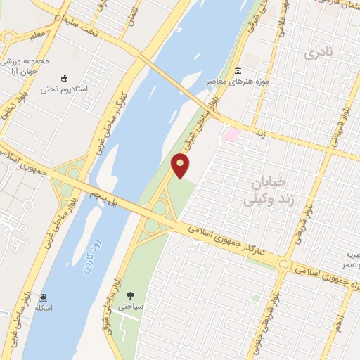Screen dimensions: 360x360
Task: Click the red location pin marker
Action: click(x=181, y=165)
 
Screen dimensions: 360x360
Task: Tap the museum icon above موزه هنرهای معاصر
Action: click(x=238, y=71)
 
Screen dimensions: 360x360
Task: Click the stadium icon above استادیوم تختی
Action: click(x=65, y=78)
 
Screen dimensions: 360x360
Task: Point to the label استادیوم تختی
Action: click(x=63, y=89)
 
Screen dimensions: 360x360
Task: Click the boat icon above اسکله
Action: click(x=44, y=297)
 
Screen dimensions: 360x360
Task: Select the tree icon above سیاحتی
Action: click(x=130, y=295)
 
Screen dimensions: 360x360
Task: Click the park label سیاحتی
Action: click(x=130, y=307)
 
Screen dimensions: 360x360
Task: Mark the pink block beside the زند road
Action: click(x=231, y=134)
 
